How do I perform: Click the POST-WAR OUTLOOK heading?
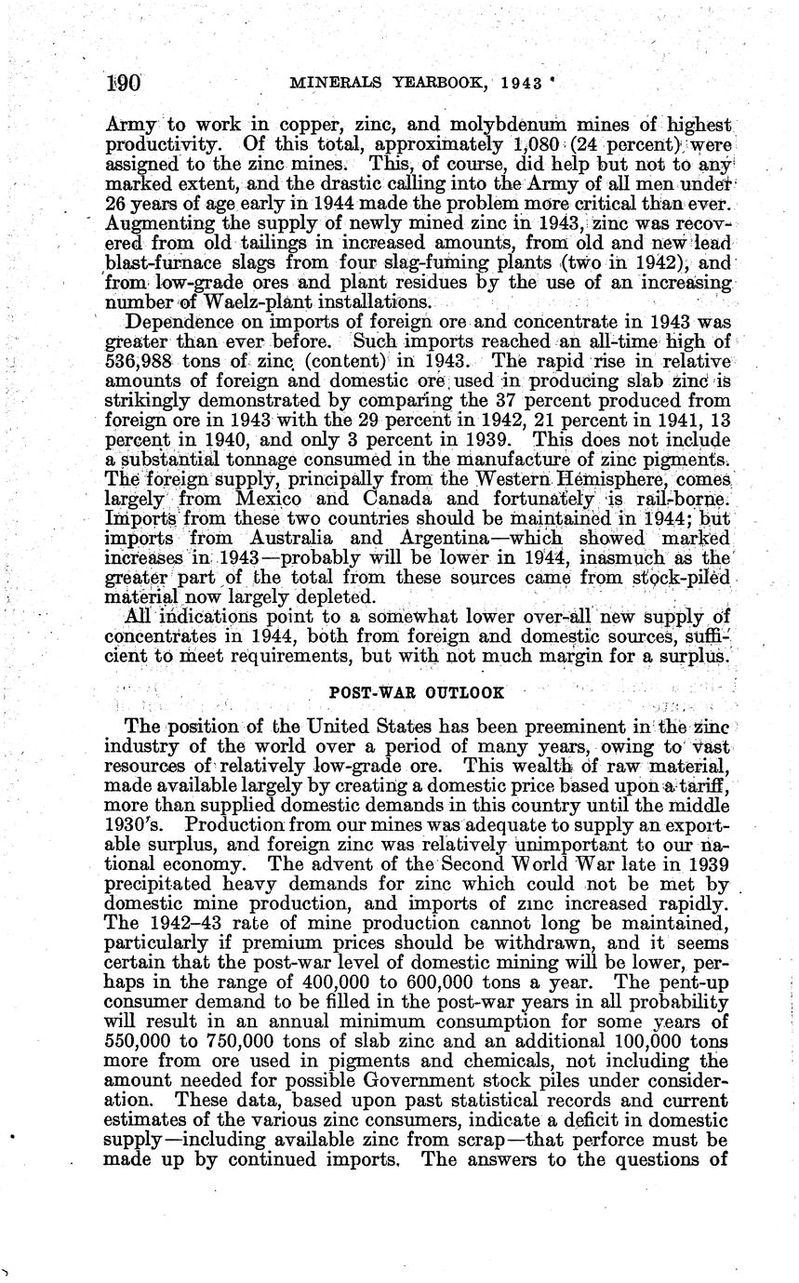pos(418,692)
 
